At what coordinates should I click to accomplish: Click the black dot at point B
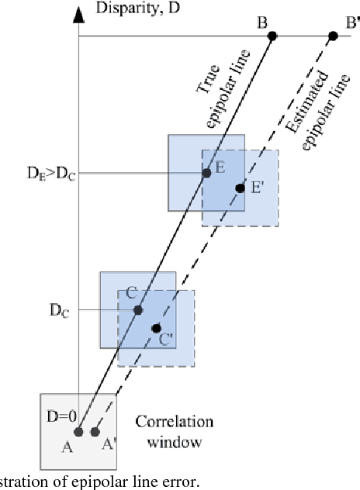pyautogui.click(x=273, y=36)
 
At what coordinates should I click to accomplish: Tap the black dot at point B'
pyautogui.click(x=333, y=36)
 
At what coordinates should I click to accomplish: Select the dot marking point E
pyautogui.click(x=206, y=173)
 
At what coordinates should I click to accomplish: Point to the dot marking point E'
pyautogui.click(x=241, y=188)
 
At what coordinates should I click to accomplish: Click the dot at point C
pyautogui.click(x=138, y=310)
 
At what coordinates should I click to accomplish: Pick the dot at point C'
pyautogui.click(x=157, y=328)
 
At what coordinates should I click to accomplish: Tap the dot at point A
pyautogui.click(x=78, y=432)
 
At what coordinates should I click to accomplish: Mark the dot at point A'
pyautogui.click(x=95, y=432)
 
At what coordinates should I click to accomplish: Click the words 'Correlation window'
pyautogui.click(x=168, y=432)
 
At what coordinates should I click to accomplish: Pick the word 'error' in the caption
pyautogui.click(x=180, y=481)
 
